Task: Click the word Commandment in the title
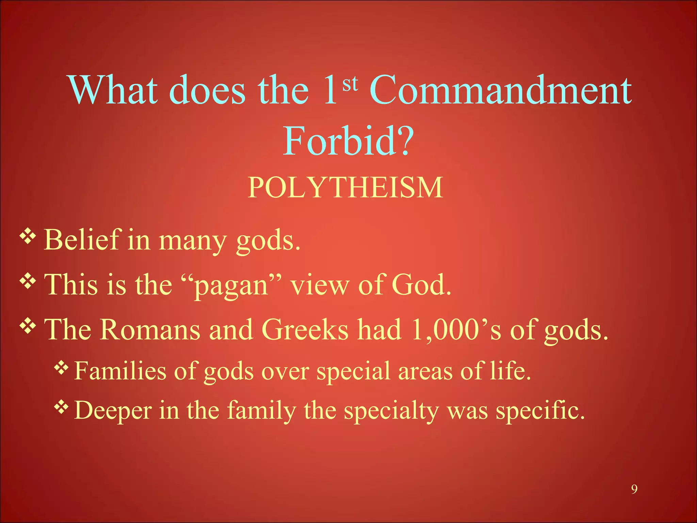(501, 90)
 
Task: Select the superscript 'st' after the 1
(350, 83)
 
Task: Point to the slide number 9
(634, 489)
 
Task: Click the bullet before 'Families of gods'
(62, 368)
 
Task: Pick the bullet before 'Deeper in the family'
(62, 407)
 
